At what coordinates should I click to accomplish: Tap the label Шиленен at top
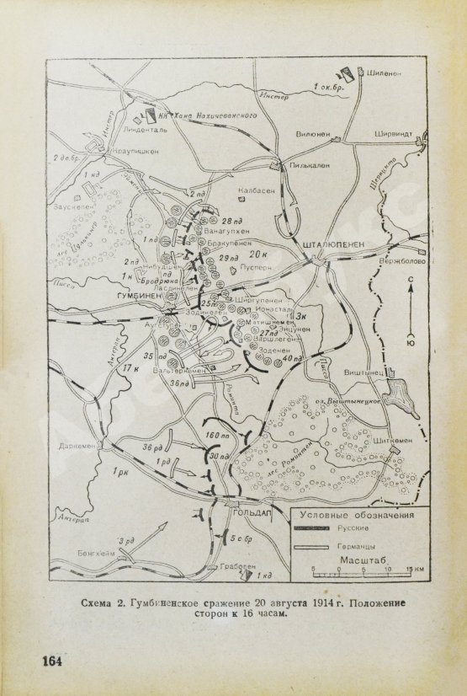(384, 74)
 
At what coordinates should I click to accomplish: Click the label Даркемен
(75, 447)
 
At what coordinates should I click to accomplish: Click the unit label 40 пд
(293, 360)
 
